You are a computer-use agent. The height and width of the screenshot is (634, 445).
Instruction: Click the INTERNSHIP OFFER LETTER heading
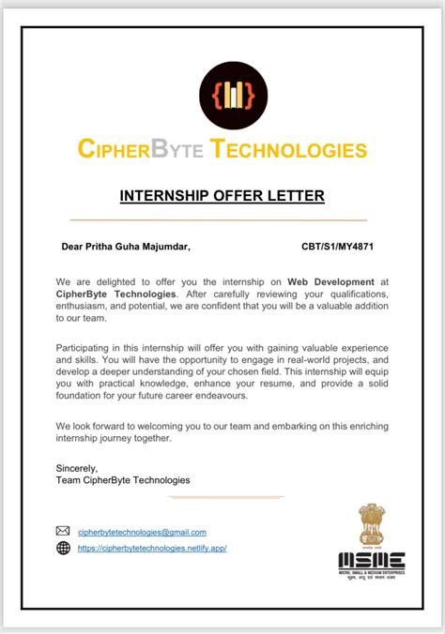click(x=222, y=195)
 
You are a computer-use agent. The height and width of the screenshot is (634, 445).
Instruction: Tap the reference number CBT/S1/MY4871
click(x=337, y=248)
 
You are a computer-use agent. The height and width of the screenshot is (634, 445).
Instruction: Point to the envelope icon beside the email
click(x=64, y=532)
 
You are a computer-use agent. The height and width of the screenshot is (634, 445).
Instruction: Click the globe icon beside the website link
click(x=64, y=548)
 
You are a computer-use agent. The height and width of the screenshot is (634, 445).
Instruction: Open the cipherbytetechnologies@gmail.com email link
click(x=142, y=532)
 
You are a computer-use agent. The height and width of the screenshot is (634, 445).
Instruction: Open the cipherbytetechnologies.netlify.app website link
click(x=152, y=548)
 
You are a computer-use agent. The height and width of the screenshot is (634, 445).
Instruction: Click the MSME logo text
click(x=372, y=560)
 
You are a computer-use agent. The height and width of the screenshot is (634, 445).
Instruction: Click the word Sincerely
click(x=77, y=467)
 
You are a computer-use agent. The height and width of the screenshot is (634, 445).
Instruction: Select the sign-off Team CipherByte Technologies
click(x=123, y=479)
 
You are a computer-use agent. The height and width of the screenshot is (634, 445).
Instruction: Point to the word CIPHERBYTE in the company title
click(x=139, y=149)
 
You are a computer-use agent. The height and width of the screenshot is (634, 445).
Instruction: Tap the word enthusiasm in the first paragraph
click(x=87, y=306)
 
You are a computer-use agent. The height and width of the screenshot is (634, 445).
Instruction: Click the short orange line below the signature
click(x=226, y=497)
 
